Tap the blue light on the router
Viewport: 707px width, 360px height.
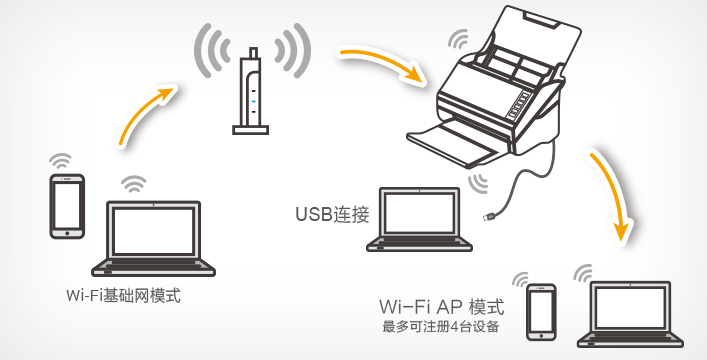point(253,101)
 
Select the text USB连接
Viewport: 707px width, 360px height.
point(332,214)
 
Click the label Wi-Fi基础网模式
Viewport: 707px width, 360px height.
point(123,296)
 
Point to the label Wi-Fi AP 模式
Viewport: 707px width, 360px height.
point(441,307)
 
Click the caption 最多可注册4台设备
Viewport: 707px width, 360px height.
point(441,326)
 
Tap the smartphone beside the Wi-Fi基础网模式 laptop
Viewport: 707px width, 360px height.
point(67,206)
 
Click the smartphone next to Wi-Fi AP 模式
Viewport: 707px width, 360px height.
point(541,312)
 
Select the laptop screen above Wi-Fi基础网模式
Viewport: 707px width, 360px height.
point(153,231)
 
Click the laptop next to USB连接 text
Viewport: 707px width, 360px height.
point(419,220)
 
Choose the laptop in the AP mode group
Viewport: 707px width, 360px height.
point(630,314)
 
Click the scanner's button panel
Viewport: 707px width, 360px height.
point(519,104)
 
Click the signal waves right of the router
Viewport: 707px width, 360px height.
point(293,50)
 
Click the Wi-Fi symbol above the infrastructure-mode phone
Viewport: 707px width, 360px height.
point(60,161)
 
